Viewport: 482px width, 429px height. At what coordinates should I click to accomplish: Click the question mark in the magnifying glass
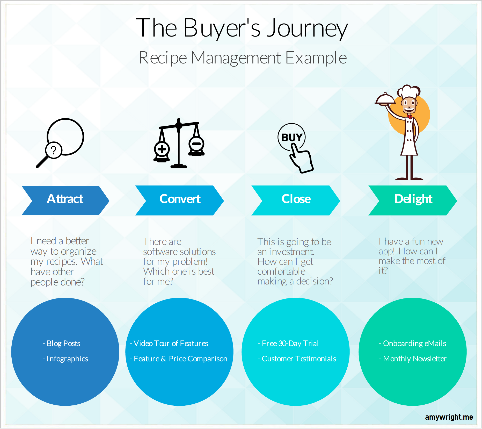point(54,150)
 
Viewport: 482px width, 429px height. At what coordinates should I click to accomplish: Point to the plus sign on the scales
point(162,149)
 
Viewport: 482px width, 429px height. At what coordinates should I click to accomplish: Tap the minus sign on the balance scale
point(196,144)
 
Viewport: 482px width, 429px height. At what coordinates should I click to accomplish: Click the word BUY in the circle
point(292,137)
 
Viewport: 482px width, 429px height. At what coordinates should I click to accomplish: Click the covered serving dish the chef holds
point(385,99)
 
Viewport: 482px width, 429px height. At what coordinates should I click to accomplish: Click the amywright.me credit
point(449,417)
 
